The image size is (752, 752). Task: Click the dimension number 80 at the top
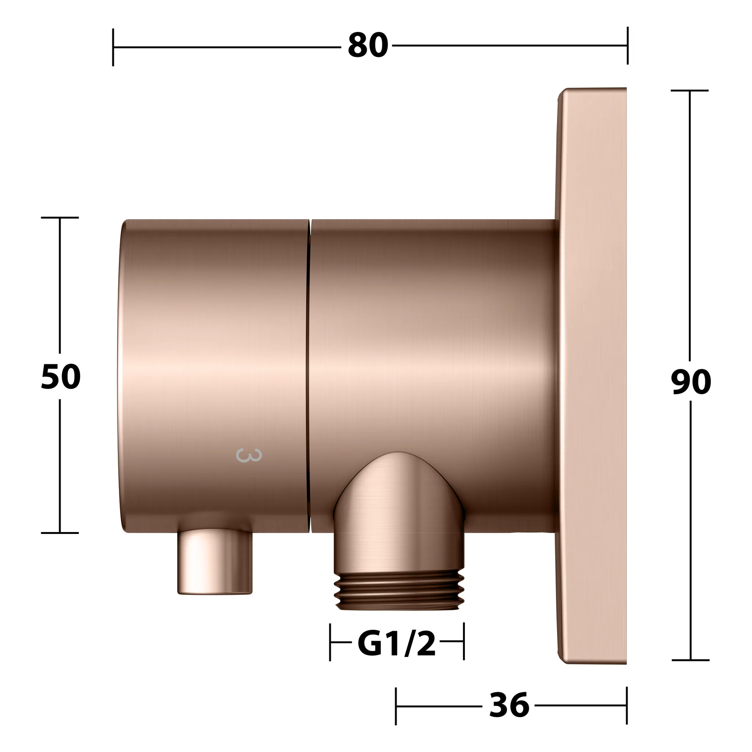[x=368, y=46]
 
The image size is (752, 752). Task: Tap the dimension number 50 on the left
[x=61, y=377]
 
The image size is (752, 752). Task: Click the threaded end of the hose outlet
[x=399, y=590]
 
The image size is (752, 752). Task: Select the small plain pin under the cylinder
[x=215, y=563]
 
